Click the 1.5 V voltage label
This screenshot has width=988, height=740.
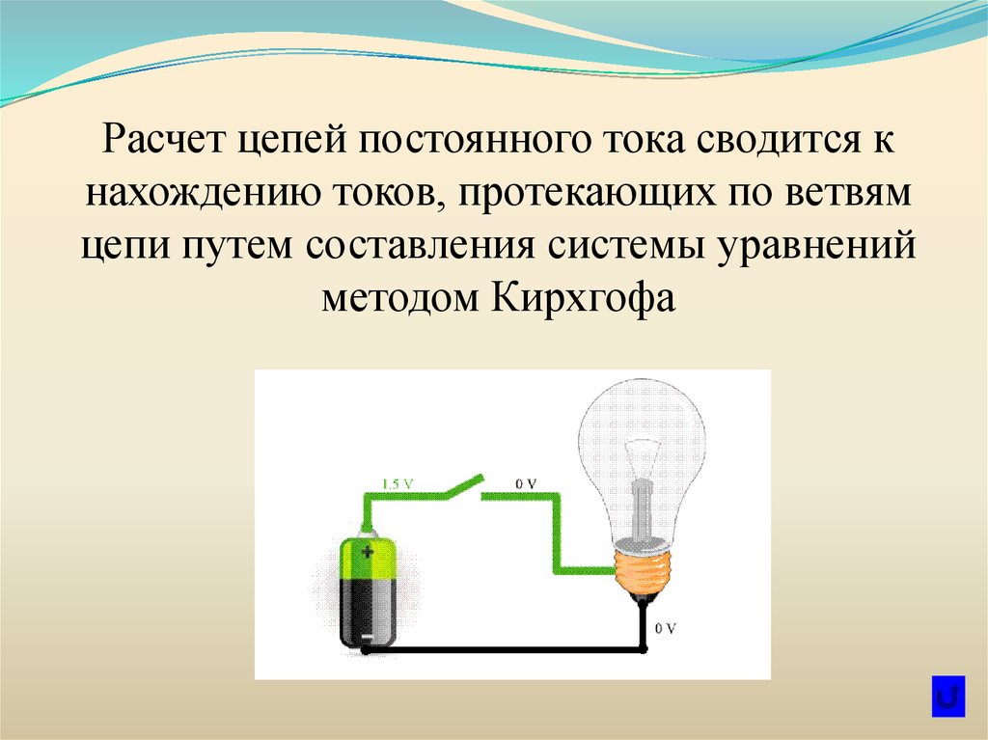pos(398,482)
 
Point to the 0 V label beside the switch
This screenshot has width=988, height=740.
pos(526,482)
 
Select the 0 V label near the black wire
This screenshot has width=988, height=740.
pos(665,627)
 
